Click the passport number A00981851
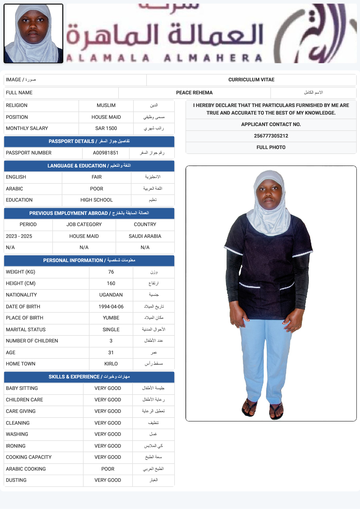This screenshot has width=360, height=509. click(106, 153)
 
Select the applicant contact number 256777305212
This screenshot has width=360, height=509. click(271, 136)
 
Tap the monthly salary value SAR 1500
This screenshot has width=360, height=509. click(106, 128)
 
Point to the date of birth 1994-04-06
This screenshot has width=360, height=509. click(111, 307)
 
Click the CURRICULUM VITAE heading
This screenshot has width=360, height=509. click(251, 80)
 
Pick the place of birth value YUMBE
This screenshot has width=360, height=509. click(111, 318)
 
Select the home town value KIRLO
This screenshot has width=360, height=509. click(111, 364)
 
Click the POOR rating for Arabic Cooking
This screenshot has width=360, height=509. click(108, 469)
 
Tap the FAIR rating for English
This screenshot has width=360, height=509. click(97, 177)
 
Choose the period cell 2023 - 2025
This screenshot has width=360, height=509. click(19, 236)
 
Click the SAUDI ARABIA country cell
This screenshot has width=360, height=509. click(145, 236)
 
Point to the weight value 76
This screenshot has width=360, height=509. click(111, 272)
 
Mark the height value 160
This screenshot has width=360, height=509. click(111, 284)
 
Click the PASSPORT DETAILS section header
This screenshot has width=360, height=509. click(89, 141)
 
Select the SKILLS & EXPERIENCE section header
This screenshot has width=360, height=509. click(89, 377)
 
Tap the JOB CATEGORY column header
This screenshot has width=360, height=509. click(84, 225)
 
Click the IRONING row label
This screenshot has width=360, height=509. click(16, 446)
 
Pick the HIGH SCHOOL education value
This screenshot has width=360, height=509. click(97, 200)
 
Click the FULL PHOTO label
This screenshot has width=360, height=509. click(271, 148)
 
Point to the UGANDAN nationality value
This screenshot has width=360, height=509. click(111, 295)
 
